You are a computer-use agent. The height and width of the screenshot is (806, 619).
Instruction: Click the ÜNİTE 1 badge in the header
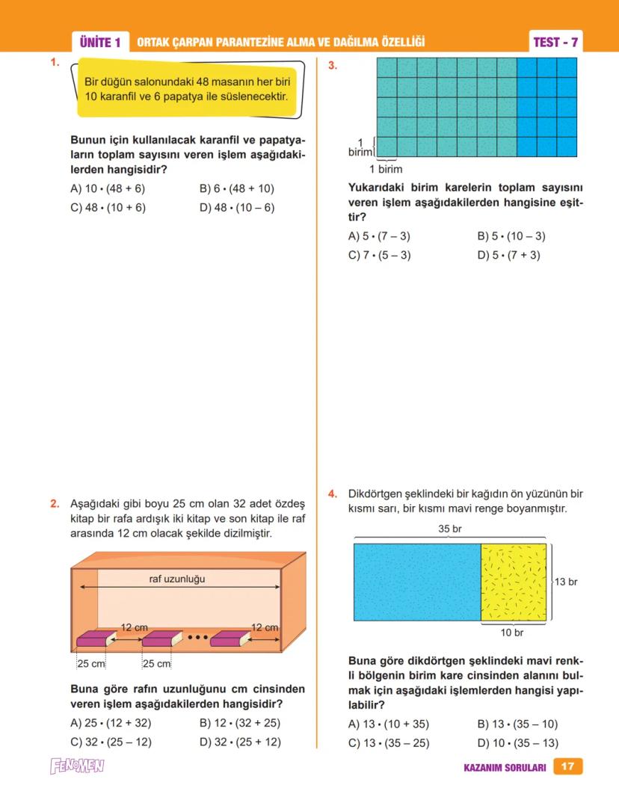point(99,43)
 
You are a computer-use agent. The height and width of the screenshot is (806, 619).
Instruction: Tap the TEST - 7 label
point(555,43)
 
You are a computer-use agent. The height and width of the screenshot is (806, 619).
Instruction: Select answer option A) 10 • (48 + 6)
point(108,189)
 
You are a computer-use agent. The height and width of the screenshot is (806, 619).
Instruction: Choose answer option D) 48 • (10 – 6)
point(237,208)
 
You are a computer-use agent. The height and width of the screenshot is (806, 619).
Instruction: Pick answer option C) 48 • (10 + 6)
point(108,208)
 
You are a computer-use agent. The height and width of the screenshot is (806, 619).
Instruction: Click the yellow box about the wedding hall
point(187,89)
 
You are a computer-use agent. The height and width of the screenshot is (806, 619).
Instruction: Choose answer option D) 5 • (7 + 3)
point(508,255)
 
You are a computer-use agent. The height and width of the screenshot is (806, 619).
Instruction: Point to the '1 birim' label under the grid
point(386,170)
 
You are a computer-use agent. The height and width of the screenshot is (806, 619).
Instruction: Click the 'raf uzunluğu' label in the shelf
point(177,579)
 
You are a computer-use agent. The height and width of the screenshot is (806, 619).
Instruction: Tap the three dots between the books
point(197,638)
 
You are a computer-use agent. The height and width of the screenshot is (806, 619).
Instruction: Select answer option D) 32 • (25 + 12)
point(240,742)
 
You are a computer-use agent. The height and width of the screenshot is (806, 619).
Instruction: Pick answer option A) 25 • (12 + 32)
point(111,723)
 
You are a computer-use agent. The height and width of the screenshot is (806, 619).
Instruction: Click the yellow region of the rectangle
point(513,582)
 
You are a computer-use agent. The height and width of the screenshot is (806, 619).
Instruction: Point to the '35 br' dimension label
point(449,529)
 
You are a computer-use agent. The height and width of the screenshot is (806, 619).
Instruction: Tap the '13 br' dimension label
point(566,582)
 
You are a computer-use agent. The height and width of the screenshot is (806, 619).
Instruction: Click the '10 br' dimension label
point(512,633)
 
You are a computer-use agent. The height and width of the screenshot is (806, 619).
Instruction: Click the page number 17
point(567,766)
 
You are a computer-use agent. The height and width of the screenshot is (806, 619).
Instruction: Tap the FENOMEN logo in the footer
point(77,766)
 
